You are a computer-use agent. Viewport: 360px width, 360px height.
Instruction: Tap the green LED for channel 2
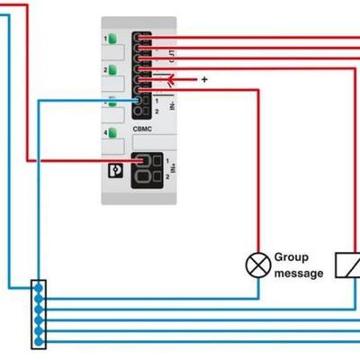pyautogui.click(x=112, y=69)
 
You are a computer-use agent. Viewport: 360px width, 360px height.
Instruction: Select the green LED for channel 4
pyautogui.click(x=112, y=133)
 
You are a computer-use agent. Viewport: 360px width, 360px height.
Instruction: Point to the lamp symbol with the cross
pyautogui.click(x=258, y=265)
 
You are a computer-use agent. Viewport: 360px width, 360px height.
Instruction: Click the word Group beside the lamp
pyautogui.click(x=292, y=257)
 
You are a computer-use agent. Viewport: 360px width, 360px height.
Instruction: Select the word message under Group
pyautogui.click(x=298, y=274)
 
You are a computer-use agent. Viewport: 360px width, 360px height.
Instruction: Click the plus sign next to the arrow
pyautogui.click(x=204, y=79)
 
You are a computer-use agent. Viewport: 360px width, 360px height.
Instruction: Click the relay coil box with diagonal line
pyautogui.click(x=347, y=265)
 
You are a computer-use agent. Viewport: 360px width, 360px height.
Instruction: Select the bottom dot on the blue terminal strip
pyautogui.click(x=38, y=341)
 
